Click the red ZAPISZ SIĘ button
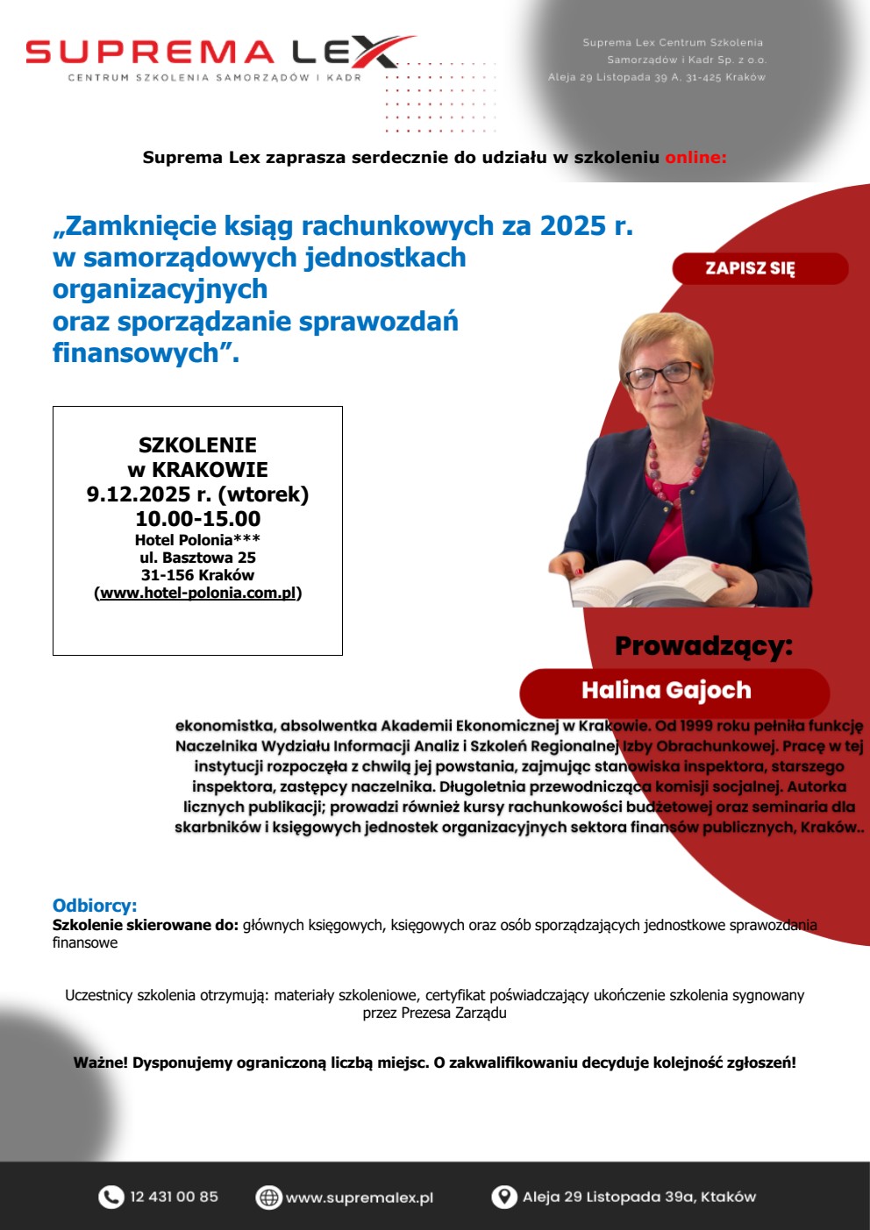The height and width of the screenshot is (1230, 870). pyautogui.click(x=759, y=268)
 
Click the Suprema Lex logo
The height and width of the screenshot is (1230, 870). pyautogui.click(x=219, y=57)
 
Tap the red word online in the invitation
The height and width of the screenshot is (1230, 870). pyautogui.click(x=695, y=158)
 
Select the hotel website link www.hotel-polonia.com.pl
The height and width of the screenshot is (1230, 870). pyautogui.click(x=198, y=593)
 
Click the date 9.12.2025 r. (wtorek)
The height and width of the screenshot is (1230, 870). pyautogui.click(x=197, y=494)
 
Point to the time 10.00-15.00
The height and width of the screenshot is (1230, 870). pyautogui.click(x=197, y=518)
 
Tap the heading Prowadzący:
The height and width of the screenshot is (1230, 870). pyautogui.click(x=703, y=646)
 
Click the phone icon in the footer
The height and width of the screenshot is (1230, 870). pyautogui.click(x=111, y=1197)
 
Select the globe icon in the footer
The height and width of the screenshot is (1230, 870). pyautogui.click(x=268, y=1197)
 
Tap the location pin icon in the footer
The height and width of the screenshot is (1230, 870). pyautogui.click(x=503, y=1197)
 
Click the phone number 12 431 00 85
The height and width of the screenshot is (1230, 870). pyautogui.click(x=174, y=1197)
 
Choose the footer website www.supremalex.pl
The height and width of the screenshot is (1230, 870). pyautogui.click(x=360, y=1198)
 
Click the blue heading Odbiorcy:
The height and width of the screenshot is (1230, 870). pyautogui.click(x=95, y=906)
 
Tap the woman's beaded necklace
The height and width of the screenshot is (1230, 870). pyautogui.click(x=675, y=465)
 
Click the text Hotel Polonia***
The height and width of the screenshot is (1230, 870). pyautogui.click(x=197, y=540)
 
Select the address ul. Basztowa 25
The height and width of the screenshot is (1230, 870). pyautogui.click(x=197, y=558)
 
